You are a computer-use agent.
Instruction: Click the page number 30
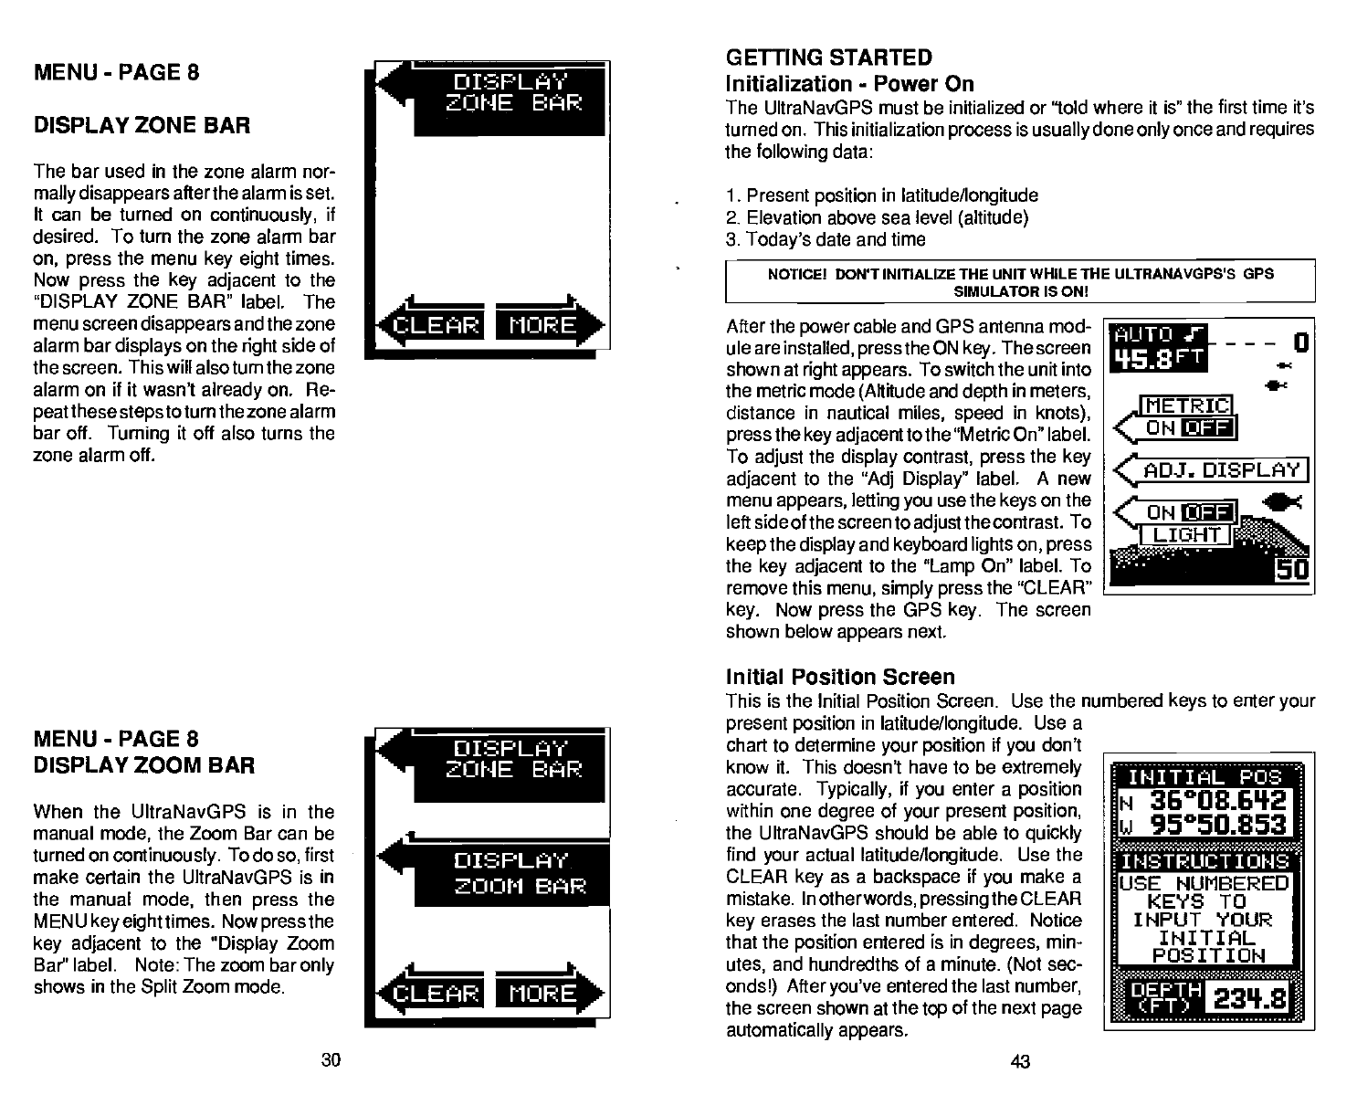(x=331, y=1059)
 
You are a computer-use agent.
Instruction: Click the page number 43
(x=1020, y=1060)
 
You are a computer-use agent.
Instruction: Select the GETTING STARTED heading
(x=828, y=58)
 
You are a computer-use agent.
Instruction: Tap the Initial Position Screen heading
(x=840, y=677)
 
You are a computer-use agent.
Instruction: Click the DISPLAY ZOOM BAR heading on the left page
(x=144, y=764)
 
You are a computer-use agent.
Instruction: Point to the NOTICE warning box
(x=1019, y=282)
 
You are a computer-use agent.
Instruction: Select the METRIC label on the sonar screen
(x=1188, y=406)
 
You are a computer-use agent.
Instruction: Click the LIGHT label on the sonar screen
(x=1186, y=535)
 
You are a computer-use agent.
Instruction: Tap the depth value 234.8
(x=1250, y=1002)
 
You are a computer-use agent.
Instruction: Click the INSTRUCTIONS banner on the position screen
(x=1205, y=861)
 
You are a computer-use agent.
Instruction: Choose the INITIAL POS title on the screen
(x=1205, y=777)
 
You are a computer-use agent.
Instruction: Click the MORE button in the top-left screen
(x=543, y=326)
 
